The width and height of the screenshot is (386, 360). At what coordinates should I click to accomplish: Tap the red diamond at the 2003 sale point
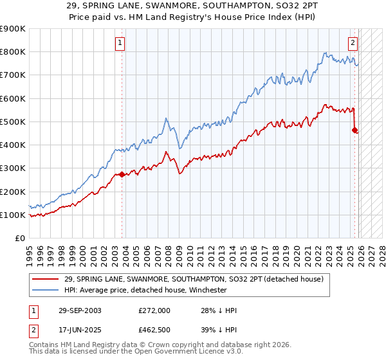click(x=122, y=174)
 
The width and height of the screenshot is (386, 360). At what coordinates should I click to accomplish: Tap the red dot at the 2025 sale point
click(x=354, y=130)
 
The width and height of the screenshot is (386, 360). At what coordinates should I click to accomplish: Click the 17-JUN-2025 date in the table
click(x=78, y=330)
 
